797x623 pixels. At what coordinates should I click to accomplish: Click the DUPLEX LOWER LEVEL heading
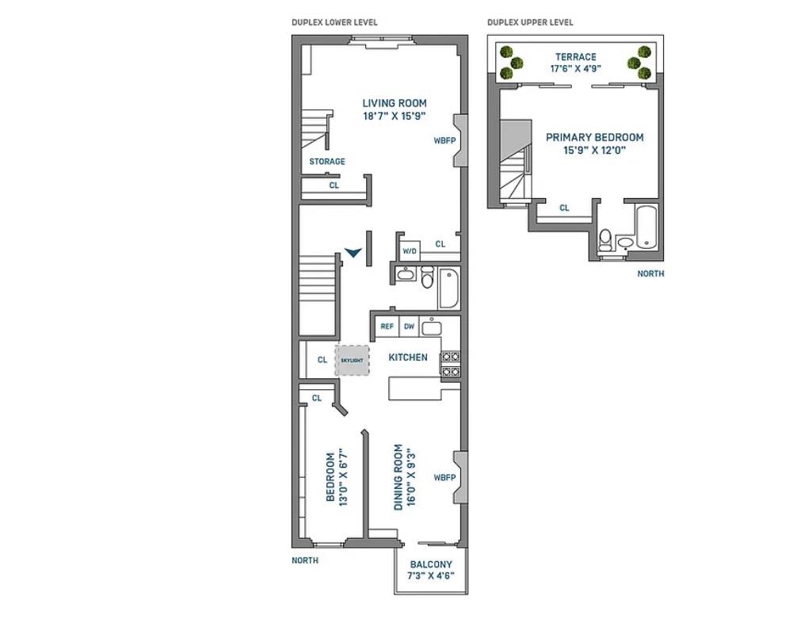pyautogui.click(x=334, y=22)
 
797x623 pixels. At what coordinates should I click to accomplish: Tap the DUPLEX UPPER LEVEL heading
pyautogui.click(x=530, y=22)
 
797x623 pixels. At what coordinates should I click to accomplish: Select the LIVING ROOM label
pyautogui.click(x=394, y=103)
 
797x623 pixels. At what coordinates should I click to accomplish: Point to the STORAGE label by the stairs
pyautogui.click(x=327, y=162)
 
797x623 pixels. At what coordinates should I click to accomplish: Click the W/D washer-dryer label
pyautogui.click(x=409, y=251)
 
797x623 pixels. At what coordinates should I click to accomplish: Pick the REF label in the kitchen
pyautogui.click(x=387, y=326)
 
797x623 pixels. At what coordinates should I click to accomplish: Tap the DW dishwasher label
pyautogui.click(x=409, y=326)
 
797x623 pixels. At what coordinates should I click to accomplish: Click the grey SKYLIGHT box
pyautogui.click(x=352, y=360)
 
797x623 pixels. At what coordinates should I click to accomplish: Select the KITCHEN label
pyautogui.click(x=407, y=357)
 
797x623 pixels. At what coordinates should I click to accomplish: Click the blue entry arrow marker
pyautogui.click(x=353, y=252)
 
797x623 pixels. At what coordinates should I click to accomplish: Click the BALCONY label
pyautogui.click(x=431, y=565)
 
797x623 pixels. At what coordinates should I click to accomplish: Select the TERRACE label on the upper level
pyautogui.click(x=576, y=57)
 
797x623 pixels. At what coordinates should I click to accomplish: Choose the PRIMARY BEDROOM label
pyautogui.click(x=594, y=137)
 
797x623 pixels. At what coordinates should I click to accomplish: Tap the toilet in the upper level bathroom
pyautogui.click(x=606, y=238)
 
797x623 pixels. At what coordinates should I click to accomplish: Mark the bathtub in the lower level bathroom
pyautogui.click(x=448, y=290)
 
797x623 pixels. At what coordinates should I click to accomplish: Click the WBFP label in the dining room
pyautogui.click(x=444, y=478)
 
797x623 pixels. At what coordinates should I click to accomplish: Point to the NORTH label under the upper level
pyautogui.click(x=651, y=273)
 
